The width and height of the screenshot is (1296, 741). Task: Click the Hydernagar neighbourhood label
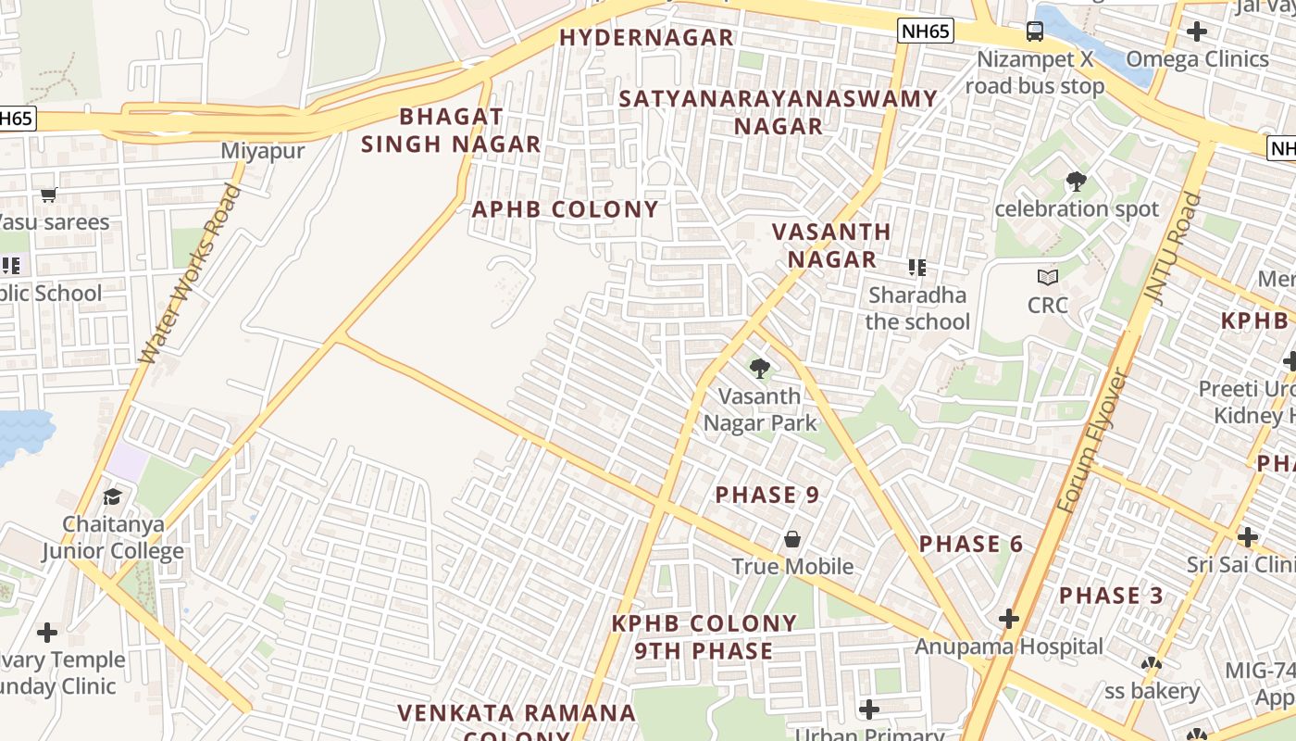pyautogui.click(x=646, y=38)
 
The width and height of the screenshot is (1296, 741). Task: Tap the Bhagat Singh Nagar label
pyautogui.click(x=451, y=131)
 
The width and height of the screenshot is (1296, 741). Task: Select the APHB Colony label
pyautogui.click(x=565, y=209)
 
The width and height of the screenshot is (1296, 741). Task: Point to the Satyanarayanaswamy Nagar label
pyautogui.click(x=779, y=112)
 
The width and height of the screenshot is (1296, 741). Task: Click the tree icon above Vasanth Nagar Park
pyautogui.click(x=760, y=369)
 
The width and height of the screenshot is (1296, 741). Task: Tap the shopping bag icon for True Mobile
pyautogui.click(x=792, y=539)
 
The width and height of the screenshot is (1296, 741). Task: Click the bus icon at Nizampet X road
pyautogui.click(x=1034, y=32)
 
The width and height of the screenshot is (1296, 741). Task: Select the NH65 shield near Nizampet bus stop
pyautogui.click(x=925, y=31)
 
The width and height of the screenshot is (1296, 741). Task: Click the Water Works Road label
pyautogui.click(x=190, y=274)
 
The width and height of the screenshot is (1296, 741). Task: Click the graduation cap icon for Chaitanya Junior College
pyautogui.click(x=112, y=497)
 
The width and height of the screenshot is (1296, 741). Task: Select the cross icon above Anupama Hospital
pyautogui.click(x=1009, y=619)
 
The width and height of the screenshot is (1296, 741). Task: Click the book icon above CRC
pyautogui.click(x=1047, y=277)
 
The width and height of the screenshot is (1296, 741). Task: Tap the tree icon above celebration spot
pyautogui.click(x=1076, y=182)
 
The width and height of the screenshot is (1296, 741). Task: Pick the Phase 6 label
pyautogui.click(x=971, y=544)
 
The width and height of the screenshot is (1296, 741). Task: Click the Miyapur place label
pyautogui.click(x=263, y=151)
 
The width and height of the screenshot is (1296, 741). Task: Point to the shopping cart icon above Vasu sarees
pyautogui.click(x=49, y=195)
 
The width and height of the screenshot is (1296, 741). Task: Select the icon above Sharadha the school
pyautogui.click(x=917, y=269)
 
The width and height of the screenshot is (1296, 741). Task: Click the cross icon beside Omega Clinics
pyautogui.click(x=1196, y=31)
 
